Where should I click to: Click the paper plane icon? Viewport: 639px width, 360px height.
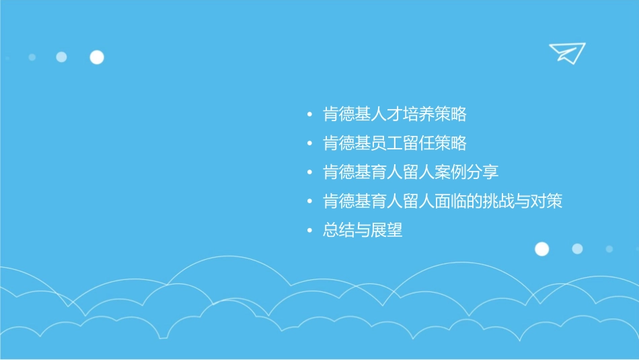[x=566, y=52]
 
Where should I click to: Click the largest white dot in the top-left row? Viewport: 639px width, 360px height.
[x=97, y=57]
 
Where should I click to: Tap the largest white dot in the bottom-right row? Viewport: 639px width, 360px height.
[x=541, y=249]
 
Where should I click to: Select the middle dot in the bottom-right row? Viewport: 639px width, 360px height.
[x=577, y=249]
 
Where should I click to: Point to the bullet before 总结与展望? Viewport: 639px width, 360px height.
[x=309, y=231]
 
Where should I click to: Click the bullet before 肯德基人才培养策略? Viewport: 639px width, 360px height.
[x=309, y=114]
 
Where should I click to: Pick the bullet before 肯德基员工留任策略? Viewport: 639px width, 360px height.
[x=309, y=143]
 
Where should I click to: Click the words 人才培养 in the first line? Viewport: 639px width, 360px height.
[x=403, y=114]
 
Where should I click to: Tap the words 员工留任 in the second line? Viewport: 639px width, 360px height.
[x=403, y=143]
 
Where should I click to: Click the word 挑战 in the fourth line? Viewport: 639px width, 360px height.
[x=498, y=201]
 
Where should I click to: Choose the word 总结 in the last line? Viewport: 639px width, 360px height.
[x=339, y=231]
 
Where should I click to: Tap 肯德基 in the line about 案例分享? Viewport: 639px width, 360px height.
[x=347, y=172]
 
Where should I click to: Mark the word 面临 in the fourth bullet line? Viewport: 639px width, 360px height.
[x=451, y=201]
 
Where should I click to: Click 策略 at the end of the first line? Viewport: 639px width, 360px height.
[x=451, y=114]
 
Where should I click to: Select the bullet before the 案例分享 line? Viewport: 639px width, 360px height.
[x=309, y=172]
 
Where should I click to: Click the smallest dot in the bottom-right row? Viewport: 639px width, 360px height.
[x=609, y=249]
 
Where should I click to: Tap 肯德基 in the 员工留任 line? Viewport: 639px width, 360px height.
[x=347, y=143]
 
